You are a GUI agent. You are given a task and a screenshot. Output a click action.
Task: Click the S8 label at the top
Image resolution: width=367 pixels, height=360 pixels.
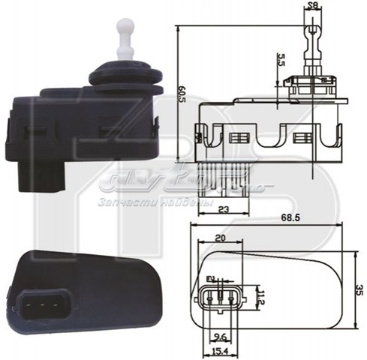(x=311, y=7)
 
